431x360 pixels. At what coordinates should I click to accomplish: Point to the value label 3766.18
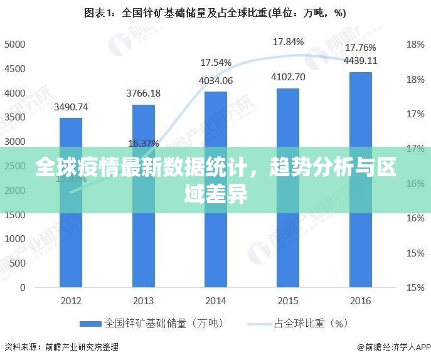point(143,93)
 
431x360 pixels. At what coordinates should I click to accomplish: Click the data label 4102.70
point(288,77)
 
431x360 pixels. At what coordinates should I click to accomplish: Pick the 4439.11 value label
point(360,61)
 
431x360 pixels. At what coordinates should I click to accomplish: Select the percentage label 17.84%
point(288,42)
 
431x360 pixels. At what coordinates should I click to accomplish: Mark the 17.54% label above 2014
point(216,63)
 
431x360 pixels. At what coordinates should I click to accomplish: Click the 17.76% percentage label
point(360,48)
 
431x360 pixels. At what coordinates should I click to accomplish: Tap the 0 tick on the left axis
point(22,288)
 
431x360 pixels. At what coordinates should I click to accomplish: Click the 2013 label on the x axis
point(143,300)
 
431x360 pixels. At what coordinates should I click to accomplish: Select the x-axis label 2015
point(288,300)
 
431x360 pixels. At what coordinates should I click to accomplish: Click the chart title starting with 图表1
point(215,13)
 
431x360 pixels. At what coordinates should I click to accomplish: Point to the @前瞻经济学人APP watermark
point(393,347)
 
